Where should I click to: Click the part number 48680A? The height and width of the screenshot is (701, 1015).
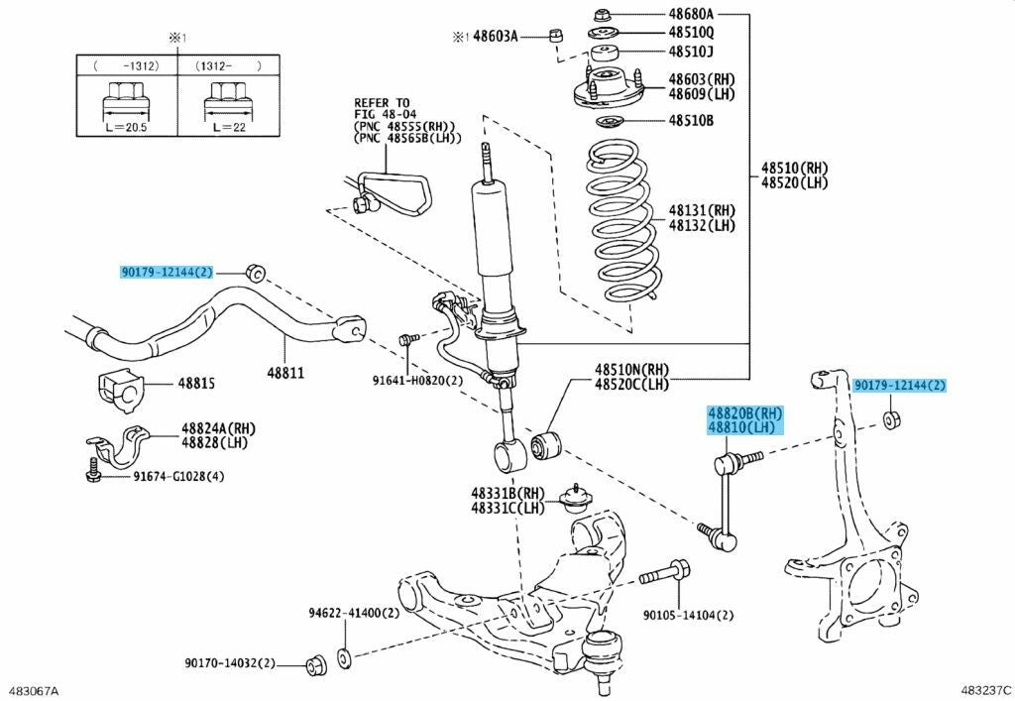tap(691, 14)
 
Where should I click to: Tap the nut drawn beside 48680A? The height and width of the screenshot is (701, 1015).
tap(601, 14)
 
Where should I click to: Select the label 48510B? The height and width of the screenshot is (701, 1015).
tap(691, 120)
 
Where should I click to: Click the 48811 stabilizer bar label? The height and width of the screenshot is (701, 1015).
tap(285, 373)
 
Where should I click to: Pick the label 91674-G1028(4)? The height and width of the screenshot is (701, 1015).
tap(179, 476)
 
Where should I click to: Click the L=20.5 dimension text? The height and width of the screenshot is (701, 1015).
tap(126, 127)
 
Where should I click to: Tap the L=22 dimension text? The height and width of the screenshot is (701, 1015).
tap(229, 127)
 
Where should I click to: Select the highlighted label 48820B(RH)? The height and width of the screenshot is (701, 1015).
tap(744, 412)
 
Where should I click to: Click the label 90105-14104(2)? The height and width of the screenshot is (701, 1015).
tap(688, 615)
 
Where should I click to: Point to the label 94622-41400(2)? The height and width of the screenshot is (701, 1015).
tap(354, 613)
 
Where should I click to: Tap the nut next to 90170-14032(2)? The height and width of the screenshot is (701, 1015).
tap(316, 663)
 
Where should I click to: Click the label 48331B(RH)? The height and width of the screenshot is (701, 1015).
tap(508, 493)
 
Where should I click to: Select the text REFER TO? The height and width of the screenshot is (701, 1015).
tap(382, 103)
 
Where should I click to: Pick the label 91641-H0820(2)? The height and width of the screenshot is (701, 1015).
tap(417, 381)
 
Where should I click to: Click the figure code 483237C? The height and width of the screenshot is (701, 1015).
tap(988, 690)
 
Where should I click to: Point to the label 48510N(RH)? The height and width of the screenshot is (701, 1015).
tap(632, 370)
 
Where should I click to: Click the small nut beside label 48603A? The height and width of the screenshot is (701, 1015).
tap(555, 35)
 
